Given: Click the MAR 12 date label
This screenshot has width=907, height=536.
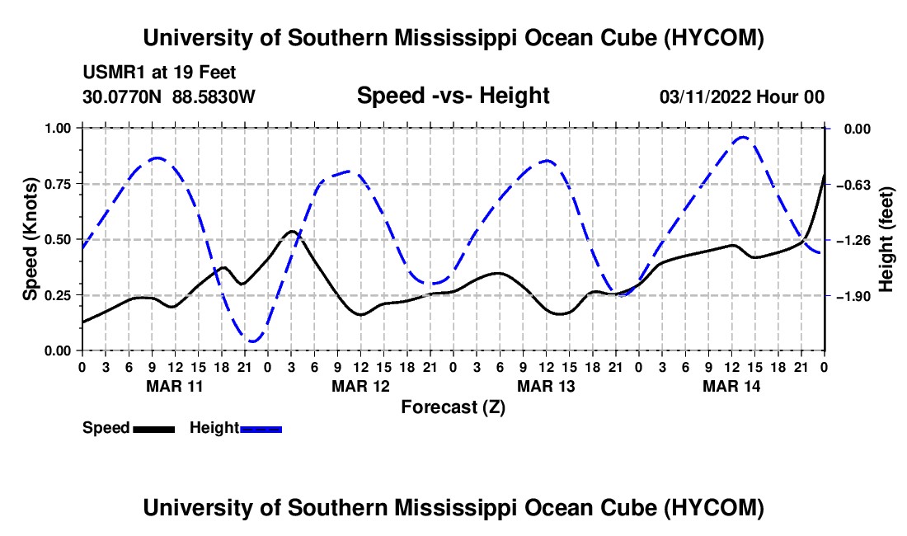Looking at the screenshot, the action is tap(360, 386).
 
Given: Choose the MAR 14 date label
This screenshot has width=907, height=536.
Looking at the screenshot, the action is tap(731, 386).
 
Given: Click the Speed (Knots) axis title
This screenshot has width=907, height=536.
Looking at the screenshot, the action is tap(30, 239).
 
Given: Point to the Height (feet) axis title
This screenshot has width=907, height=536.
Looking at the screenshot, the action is tap(886, 239).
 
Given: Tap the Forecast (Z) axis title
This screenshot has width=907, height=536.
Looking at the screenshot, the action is tap(453, 407).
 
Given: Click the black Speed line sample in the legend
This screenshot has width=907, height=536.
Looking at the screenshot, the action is tap(153, 429).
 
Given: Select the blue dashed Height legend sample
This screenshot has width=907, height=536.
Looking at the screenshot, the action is tap(261, 429).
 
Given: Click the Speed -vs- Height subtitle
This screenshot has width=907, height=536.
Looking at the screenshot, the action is tap(453, 96).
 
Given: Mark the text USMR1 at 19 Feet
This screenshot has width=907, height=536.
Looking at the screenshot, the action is tap(159, 73).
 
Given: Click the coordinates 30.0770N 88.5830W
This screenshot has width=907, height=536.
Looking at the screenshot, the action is tap(168, 96).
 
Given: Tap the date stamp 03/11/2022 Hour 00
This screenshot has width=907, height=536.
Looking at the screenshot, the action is tap(741, 96).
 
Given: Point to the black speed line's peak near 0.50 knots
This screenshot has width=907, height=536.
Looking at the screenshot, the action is tap(292, 231).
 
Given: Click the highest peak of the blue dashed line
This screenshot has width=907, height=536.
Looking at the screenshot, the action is tap(743, 137).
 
